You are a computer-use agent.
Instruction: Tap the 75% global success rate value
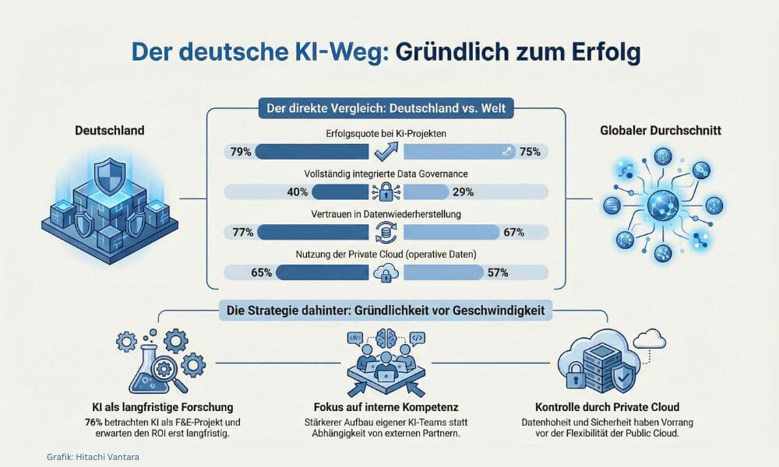pyautogui.click(x=530, y=152)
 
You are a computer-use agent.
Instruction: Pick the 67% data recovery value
pyautogui.click(x=513, y=232)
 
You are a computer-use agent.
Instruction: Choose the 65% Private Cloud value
pyautogui.click(x=261, y=272)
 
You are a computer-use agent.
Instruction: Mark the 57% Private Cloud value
pyautogui.click(x=497, y=272)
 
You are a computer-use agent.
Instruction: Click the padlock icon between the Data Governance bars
pyautogui.click(x=386, y=192)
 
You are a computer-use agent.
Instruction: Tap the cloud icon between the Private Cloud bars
pyautogui.click(x=386, y=272)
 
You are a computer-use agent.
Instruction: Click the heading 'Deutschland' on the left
pyautogui.click(x=110, y=131)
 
